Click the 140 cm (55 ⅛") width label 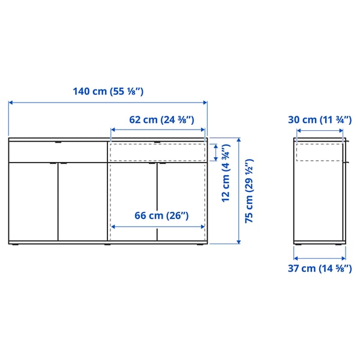pos(109,92)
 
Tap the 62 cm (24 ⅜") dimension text pos(161,119)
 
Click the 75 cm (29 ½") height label pos(250,191)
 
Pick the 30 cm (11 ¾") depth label pos(319,119)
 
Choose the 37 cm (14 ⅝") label pos(319,269)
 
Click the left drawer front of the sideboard pos(58,152)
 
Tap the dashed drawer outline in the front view pos(157,152)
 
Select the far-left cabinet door pos(34,202)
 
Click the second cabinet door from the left pos(83,202)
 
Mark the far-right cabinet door pos(182,202)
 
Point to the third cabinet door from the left pos(133,202)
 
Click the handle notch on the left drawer pos(58,143)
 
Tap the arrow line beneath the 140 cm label pos(108,103)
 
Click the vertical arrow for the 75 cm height pos(239,191)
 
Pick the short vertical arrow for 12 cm pos(215,152)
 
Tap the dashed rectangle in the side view pos(319,152)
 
